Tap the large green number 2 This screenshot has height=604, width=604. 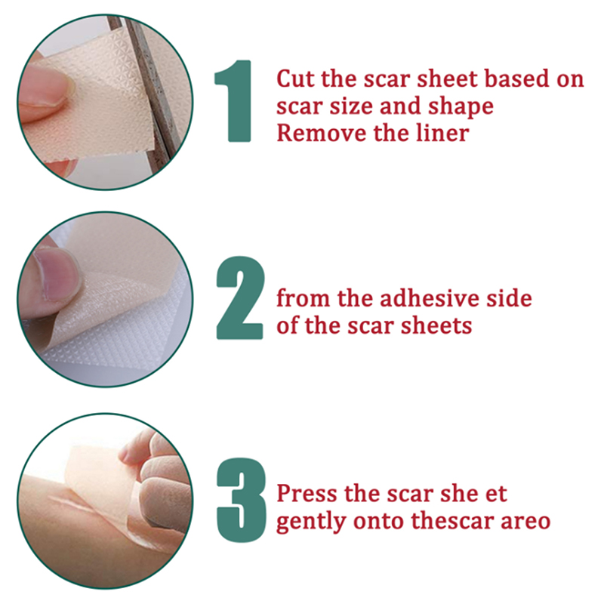[x=240, y=297]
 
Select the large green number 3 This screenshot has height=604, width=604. [x=242, y=500]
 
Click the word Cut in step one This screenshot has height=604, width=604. [x=296, y=79]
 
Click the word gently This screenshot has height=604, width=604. [x=311, y=522]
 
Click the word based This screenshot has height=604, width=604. [x=517, y=79]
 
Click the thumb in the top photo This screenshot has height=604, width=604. [x=45, y=93]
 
